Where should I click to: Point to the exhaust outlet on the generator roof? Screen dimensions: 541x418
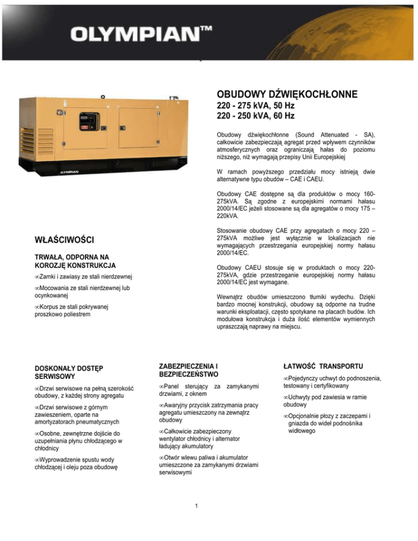pyautogui.click(x=175, y=99)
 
